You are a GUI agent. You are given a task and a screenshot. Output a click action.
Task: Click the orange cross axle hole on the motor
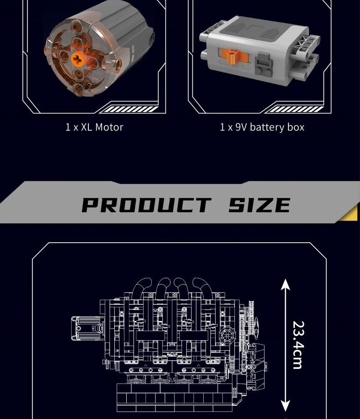(x=77, y=58)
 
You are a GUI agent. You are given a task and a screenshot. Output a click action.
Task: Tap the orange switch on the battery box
(x=233, y=56)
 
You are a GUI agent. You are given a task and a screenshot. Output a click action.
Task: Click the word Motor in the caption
(x=109, y=127)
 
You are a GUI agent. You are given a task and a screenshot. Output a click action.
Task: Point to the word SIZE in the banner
(x=259, y=205)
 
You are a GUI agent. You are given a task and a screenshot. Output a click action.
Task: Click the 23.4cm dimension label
(x=298, y=345)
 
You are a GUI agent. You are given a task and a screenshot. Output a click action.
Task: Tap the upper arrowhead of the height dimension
(x=286, y=284)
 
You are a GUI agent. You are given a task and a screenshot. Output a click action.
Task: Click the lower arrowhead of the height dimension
(x=286, y=406)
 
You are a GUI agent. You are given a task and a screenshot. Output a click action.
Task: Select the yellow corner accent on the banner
(x=350, y=214)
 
